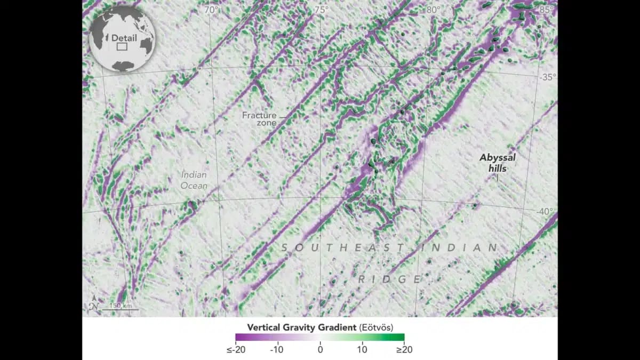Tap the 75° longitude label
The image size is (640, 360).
coord(322,10)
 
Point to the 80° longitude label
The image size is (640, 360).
coord(433,10)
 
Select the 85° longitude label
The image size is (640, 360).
coord(546,10)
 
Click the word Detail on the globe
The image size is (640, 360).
coord(124,38)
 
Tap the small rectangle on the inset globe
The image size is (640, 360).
coord(122,47)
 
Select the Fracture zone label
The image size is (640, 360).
coord(260,119)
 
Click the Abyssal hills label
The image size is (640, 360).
coord(498,163)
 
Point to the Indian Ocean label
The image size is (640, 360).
coord(194,180)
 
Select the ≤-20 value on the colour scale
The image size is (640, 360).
coord(236,350)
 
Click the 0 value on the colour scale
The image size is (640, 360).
coord(320,350)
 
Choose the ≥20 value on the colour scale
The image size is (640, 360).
coord(403,350)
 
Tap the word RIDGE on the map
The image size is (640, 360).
coord(389,279)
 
